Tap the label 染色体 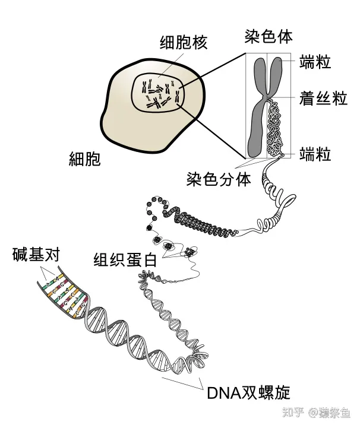click(269, 36)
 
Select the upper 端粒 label click(315, 62)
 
